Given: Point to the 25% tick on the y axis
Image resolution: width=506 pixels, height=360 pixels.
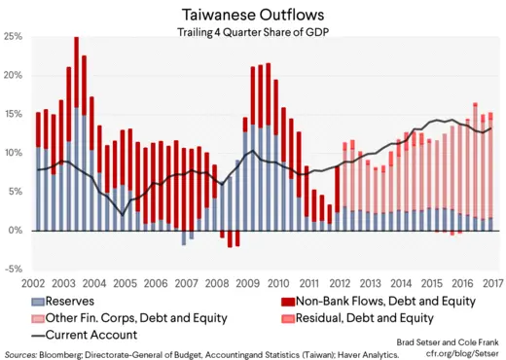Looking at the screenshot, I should pyautogui.click(x=14, y=36).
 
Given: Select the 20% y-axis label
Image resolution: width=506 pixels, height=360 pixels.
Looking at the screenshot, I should pyautogui.click(x=14, y=75).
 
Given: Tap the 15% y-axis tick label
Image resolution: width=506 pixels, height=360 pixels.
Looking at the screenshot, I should pyautogui.click(x=14, y=114).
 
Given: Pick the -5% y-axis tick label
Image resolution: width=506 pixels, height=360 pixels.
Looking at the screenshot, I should pyautogui.click(x=15, y=270).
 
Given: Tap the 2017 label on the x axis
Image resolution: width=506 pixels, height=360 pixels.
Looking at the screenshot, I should pyautogui.click(x=492, y=285).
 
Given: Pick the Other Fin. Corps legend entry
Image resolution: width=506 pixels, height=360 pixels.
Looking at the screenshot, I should pyautogui.click(x=136, y=318).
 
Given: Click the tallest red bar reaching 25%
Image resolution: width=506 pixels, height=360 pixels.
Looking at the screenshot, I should pyautogui.click(x=77, y=78).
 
